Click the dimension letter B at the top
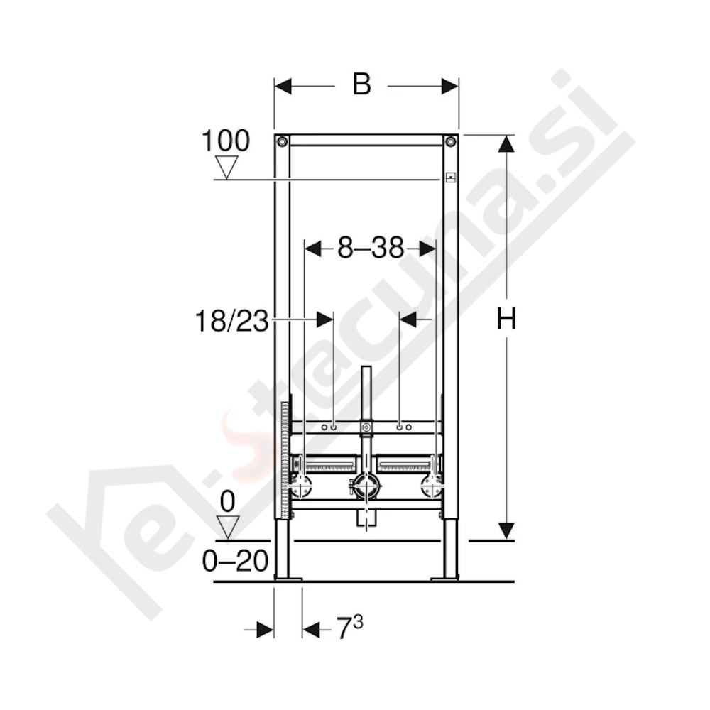361,85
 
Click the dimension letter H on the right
506,321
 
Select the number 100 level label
226,141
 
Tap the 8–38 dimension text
370,248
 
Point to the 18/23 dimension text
231,321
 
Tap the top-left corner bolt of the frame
283,142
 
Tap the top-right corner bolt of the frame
450,142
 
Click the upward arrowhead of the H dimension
506,143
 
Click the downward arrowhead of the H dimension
506,530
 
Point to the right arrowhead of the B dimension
449,86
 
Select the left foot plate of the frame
288,579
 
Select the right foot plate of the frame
445,579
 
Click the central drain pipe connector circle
366,486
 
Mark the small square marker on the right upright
449,177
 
